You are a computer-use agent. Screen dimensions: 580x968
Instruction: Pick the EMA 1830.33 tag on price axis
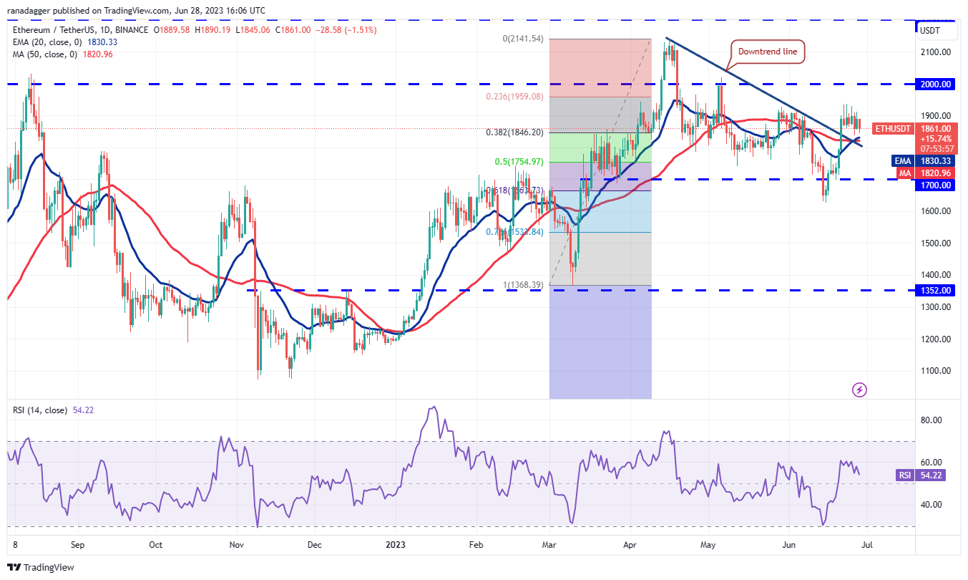point(927,161)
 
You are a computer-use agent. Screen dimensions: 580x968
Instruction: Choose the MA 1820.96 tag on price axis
point(927,173)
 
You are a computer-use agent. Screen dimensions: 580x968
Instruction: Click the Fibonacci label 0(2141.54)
point(522,39)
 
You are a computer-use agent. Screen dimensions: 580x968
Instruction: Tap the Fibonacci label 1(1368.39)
point(522,285)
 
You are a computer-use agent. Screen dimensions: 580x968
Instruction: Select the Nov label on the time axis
point(238,545)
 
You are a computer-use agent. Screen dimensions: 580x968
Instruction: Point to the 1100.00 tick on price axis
point(935,371)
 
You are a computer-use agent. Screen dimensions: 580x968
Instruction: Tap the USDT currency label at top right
point(929,31)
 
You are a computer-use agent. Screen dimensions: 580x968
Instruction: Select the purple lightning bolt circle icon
point(860,390)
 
